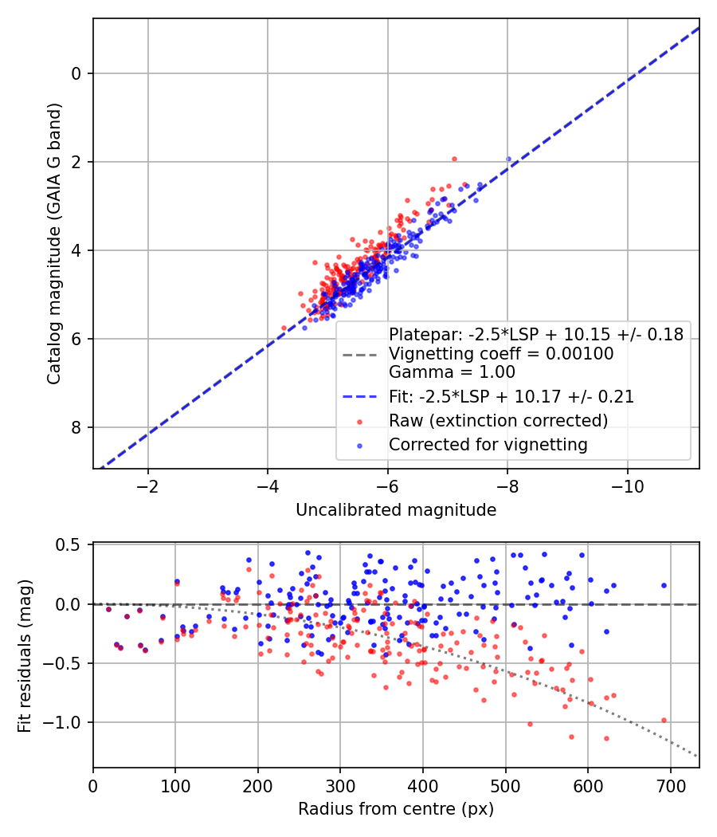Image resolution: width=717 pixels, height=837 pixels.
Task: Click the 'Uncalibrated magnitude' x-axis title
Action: coord(396,510)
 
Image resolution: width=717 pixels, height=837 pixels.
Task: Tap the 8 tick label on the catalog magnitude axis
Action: coord(76,428)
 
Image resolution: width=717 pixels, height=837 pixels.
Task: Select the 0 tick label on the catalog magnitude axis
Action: coord(76,73)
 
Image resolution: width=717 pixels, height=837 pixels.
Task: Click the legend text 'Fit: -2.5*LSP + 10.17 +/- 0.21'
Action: coord(511,397)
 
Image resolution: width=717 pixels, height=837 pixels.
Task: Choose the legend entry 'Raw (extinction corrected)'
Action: coord(498,420)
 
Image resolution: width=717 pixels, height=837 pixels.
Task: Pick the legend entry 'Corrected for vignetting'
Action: coord(488,444)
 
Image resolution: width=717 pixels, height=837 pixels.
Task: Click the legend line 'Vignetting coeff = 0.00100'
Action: coord(500,353)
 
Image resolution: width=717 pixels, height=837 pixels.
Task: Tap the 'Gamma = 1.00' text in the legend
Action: coord(452,372)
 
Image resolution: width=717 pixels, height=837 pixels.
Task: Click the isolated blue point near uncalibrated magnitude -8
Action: coord(508,159)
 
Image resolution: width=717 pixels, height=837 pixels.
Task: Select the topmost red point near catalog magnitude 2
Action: coord(454,159)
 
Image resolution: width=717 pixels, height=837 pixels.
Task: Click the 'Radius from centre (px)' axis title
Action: coord(396,809)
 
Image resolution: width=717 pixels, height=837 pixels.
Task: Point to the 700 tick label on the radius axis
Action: coord(670,785)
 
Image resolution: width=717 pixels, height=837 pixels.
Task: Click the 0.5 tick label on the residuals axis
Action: coord(72,544)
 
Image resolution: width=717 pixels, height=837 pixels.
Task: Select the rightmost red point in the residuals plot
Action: coord(664,720)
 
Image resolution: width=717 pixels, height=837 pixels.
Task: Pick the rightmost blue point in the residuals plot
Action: coord(664,585)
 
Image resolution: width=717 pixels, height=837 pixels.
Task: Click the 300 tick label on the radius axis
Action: coord(340,785)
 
